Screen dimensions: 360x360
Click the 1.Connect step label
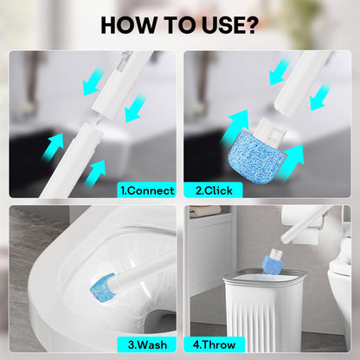[146, 190]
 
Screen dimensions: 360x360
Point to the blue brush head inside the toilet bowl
[102, 284]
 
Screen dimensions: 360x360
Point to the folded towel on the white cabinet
[205, 210]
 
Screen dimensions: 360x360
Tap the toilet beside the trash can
[343, 294]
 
